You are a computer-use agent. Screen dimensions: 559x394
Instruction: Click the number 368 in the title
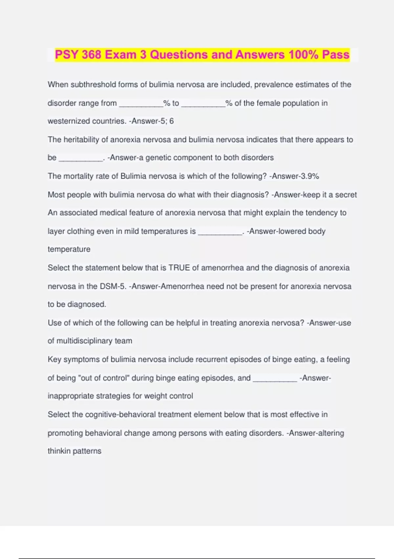[x=91, y=55]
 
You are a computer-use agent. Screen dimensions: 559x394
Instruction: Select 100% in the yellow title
[x=303, y=55]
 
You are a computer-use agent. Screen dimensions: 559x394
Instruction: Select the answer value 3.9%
[x=310, y=176]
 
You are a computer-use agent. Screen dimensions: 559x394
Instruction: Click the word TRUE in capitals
[x=179, y=268]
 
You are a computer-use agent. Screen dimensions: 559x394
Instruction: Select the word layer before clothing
[x=56, y=231]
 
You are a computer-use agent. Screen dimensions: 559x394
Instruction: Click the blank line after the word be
[x=81, y=160]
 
